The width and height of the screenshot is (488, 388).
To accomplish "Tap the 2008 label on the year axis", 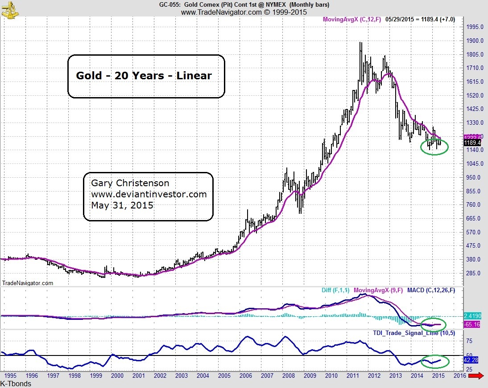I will tap(289, 376).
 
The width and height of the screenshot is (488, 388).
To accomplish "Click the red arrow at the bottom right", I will tap(476, 376).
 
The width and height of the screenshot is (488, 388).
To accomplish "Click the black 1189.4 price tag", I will tap(472, 143).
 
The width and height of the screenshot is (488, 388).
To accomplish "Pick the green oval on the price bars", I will tap(434, 147).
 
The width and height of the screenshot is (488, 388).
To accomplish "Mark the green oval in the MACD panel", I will tap(434, 325).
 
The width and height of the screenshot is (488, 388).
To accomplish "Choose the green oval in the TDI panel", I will tap(434, 361).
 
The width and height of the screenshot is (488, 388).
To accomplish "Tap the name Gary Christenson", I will tap(130, 183).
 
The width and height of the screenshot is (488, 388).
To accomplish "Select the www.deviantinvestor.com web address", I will tap(149, 194).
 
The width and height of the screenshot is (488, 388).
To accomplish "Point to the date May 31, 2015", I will tap(122, 205).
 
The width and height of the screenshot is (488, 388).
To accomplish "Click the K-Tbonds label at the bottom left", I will tap(16, 384).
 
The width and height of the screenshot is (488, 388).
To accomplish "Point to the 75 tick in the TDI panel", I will tap(469, 341).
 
